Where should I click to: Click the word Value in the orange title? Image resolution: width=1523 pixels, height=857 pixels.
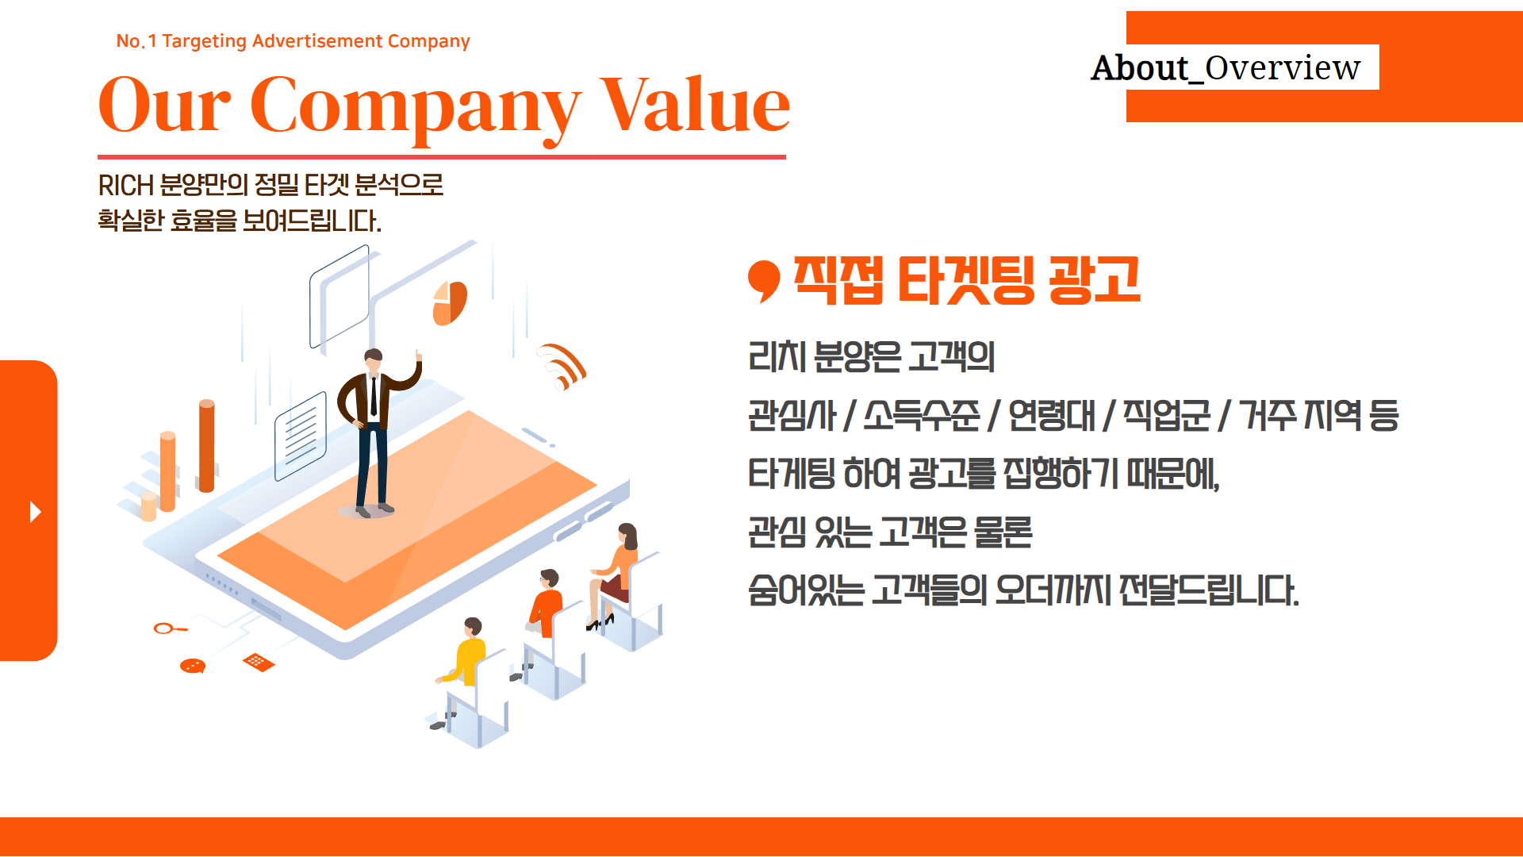coord(695,106)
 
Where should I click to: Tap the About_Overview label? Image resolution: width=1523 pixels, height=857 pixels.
coord(1226,67)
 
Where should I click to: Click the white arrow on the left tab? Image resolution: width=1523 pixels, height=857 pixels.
coord(35,512)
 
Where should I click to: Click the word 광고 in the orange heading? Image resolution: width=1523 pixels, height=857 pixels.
coord(1094,280)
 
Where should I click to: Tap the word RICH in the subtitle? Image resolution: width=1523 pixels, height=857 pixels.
coord(125,186)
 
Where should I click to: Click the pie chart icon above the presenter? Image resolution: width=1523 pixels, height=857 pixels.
coord(450,303)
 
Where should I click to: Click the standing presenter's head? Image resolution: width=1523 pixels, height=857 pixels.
coord(374,359)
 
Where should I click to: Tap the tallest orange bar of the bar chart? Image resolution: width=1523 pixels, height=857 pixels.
coord(207,446)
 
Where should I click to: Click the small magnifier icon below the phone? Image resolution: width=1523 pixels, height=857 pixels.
coord(170,629)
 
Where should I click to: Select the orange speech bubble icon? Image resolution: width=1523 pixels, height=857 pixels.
coord(193,666)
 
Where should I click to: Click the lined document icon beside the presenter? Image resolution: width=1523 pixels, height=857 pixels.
coord(301,436)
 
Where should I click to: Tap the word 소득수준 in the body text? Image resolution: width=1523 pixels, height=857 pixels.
coord(922,415)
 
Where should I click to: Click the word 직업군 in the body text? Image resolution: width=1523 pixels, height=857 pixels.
coord(1167,415)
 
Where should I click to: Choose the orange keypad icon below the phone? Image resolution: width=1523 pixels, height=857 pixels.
coord(259,662)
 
